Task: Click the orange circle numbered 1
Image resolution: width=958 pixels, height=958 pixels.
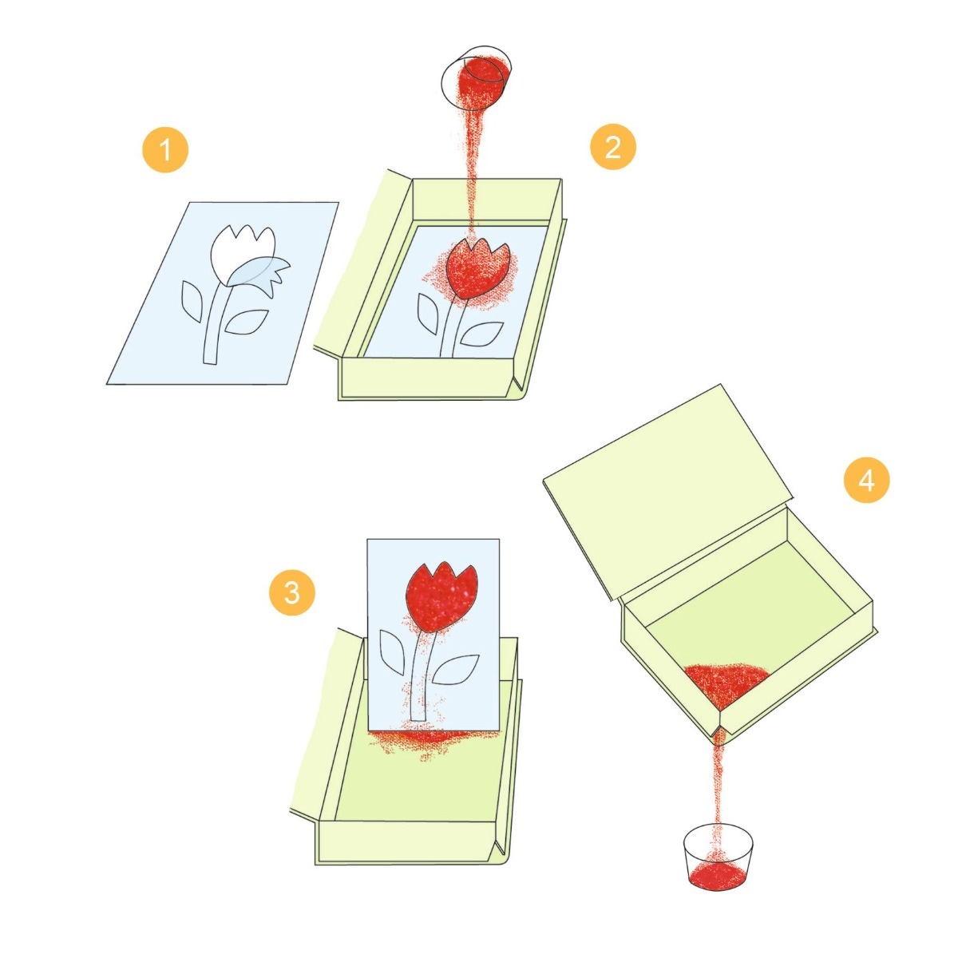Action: tap(165, 149)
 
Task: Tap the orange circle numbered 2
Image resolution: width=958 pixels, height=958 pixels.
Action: tap(612, 147)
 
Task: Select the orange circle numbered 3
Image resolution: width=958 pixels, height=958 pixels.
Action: tap(292, 592)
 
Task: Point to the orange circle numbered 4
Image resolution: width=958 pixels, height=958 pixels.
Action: tap(866, 480)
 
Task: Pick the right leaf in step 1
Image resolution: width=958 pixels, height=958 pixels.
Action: tap(247, 322)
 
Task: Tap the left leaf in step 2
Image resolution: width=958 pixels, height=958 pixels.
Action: tap(428, 314)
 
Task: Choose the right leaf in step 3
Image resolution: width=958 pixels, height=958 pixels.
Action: tap(455, 670)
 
